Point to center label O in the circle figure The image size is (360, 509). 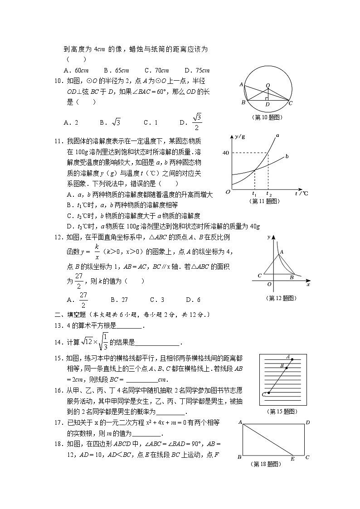coord(268,85)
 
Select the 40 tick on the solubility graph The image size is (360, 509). coord(225,153)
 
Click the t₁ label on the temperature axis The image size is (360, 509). coord(254,194)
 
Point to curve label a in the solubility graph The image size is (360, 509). coord(277,135)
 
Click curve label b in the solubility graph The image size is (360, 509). coord(287,157)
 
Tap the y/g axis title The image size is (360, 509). coord(240,136)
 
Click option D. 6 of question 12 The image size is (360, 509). coord(193,300)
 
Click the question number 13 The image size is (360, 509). coord(58,325)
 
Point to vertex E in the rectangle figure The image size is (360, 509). coord(293,458)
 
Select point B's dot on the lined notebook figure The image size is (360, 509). coord(285,367)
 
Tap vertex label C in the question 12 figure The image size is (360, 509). coord(259,276)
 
